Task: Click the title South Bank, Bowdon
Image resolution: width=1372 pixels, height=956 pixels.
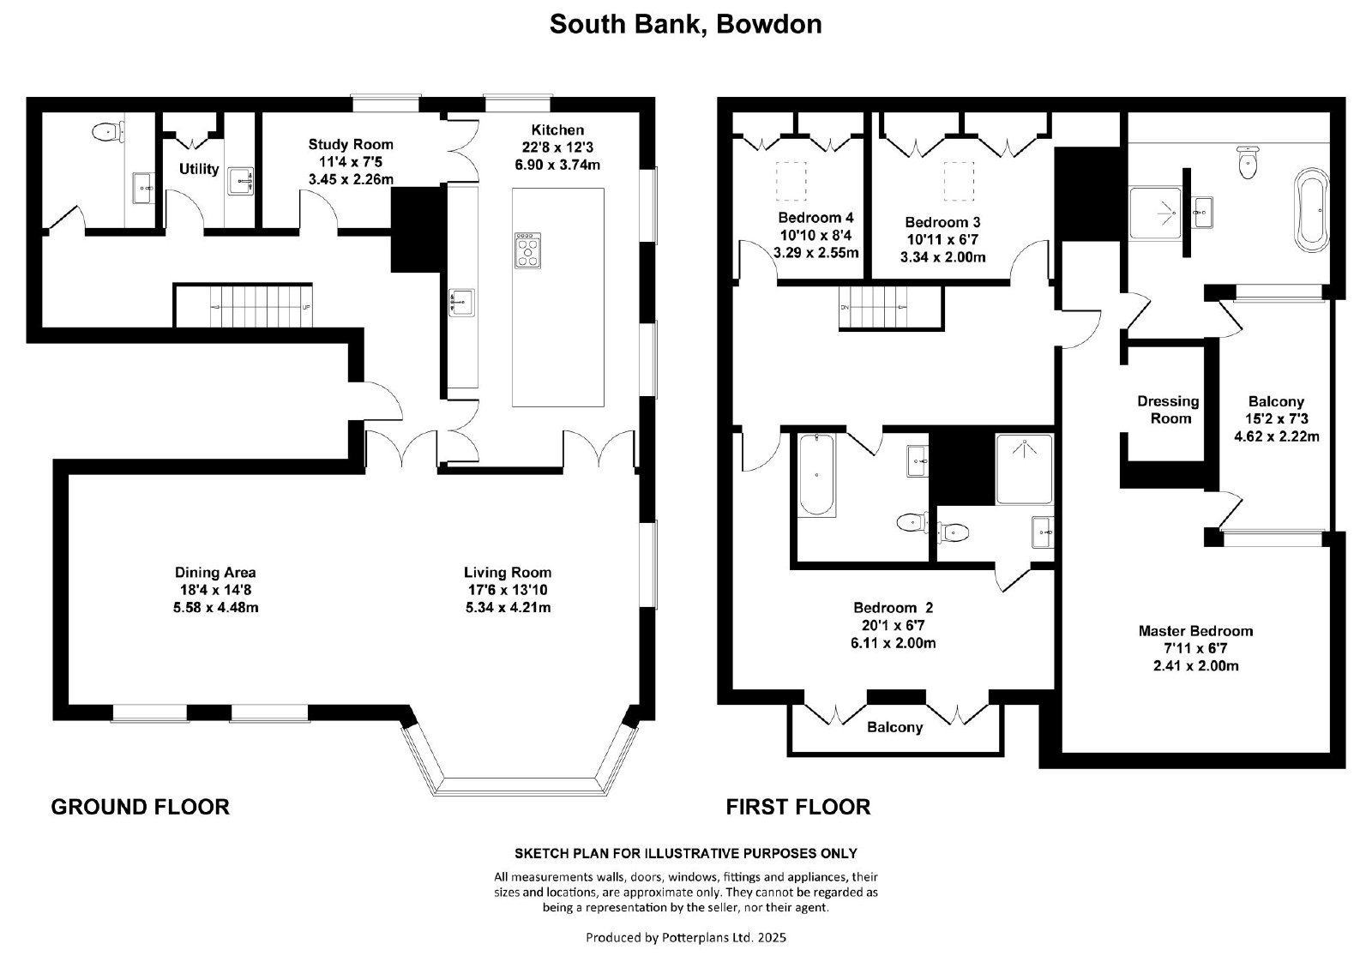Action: [685, 25]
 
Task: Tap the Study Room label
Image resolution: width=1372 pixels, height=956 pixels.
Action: [351, 145]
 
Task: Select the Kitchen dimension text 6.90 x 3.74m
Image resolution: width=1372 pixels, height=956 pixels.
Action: [557, 165]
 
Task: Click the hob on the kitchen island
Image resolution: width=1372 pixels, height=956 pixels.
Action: [528, 250]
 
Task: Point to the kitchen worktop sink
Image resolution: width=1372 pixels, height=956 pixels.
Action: [461, 303]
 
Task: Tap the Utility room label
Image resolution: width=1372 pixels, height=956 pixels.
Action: [199, 169]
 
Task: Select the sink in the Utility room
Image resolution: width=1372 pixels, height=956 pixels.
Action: [241, 181]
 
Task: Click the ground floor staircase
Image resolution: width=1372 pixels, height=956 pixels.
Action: [244, 305]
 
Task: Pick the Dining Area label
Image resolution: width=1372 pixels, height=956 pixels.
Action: [215, 573]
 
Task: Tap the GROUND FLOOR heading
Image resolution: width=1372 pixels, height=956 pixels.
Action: [141, 807]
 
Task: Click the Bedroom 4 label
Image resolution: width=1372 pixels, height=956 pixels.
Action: [815, 218]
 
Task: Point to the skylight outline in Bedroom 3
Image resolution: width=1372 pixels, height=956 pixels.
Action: [959, 181]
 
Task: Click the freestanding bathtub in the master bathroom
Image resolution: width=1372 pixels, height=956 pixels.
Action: [1311, 209]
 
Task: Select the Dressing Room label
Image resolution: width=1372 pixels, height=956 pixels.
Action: [1168, 410]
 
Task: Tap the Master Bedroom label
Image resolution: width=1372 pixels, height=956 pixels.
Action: [1195, 631]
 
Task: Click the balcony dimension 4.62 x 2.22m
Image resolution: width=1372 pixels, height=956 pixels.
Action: [1277, 436]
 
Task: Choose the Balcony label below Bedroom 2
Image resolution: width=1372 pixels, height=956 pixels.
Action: [895, 727]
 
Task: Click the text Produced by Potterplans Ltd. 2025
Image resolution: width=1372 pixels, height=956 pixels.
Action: [686, 938]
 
